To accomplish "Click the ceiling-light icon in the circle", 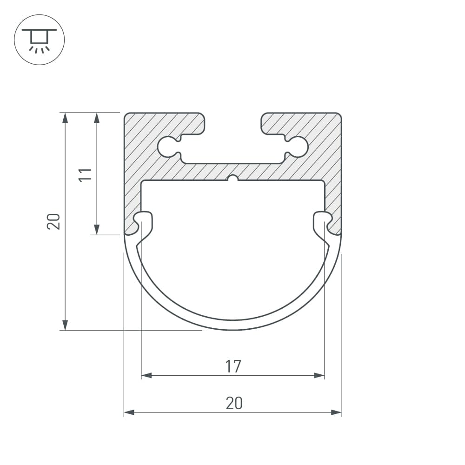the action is click(x=39, y=40).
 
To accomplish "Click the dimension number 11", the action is click(x=85, y=175).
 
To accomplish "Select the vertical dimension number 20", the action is click(x=53, y=221).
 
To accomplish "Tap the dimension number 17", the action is click(x=233, y=366).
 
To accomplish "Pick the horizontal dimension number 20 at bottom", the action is click(x=234, y=403).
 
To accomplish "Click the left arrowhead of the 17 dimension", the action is click(x=146, y=375).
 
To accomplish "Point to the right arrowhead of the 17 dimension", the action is click(x=319, y=375).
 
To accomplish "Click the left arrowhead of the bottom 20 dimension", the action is click(x=129, y=412).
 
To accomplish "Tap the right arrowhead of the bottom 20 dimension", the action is click(x=336, y=412).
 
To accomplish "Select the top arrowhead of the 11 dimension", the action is click(x=97, y=118).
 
